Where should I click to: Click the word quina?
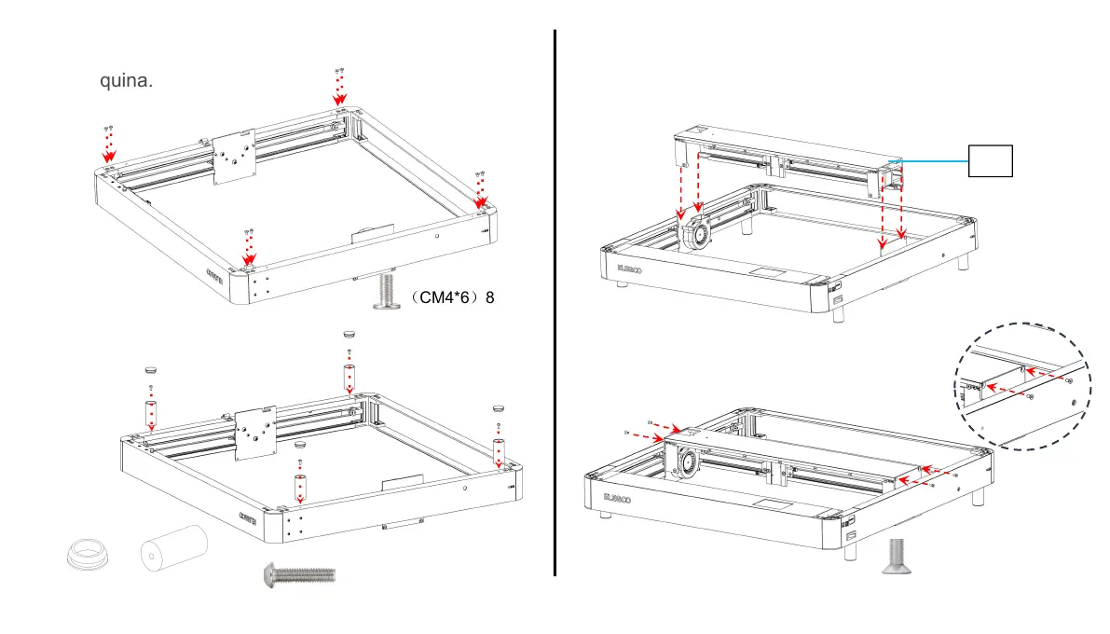(126, 81)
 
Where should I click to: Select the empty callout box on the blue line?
(990, 160)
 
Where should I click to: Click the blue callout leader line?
(932, 160)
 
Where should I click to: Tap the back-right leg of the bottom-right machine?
(976, 495)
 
